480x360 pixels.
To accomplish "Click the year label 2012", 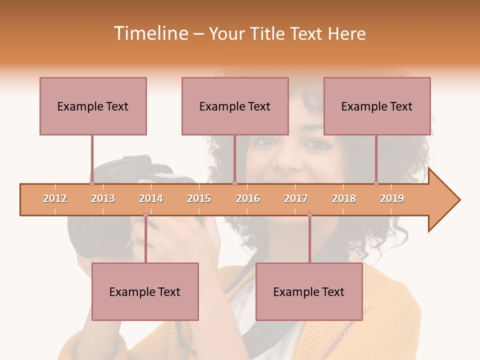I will pyautogui.click(x=55, y=198).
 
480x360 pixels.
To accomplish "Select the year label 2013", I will pyautogui.click(x=103, y=198).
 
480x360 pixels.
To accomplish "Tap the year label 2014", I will pyautogui.click(x=151, y=198).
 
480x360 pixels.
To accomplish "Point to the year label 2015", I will pyautogui.click(x=199, y=198).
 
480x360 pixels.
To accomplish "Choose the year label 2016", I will pyautogui.click(x=248, y=198).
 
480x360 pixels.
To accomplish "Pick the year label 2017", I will pyautogui.click(x=296, y=198).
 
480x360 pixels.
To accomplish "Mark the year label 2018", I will pyautogui.click(x=344, y=198).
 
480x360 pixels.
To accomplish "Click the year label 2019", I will pyautogui.click(x=392, y=198).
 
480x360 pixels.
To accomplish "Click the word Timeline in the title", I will pyautogui.click(x=150, y=33).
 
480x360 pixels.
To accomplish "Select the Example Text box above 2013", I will pyautogui.click(x=93, y=106).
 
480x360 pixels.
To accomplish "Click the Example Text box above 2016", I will pyautogui.click(x=235, y=106).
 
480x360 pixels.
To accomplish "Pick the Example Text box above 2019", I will pyautogui.click(x=377, y=106).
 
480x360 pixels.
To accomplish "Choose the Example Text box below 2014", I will pyautogui.click(x=145, y=291).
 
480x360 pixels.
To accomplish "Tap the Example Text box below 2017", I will pyautogui.click(x=309, y=291).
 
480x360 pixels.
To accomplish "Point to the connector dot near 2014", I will pyautogui.click(x=145, y=215).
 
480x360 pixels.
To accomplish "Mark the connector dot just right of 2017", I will pyautogui.click(x=309, y=215).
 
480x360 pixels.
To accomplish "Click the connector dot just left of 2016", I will pyautogui.click(x=234, y=183).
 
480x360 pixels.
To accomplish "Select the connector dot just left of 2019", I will pyautogui.click(x=376, y=183).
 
